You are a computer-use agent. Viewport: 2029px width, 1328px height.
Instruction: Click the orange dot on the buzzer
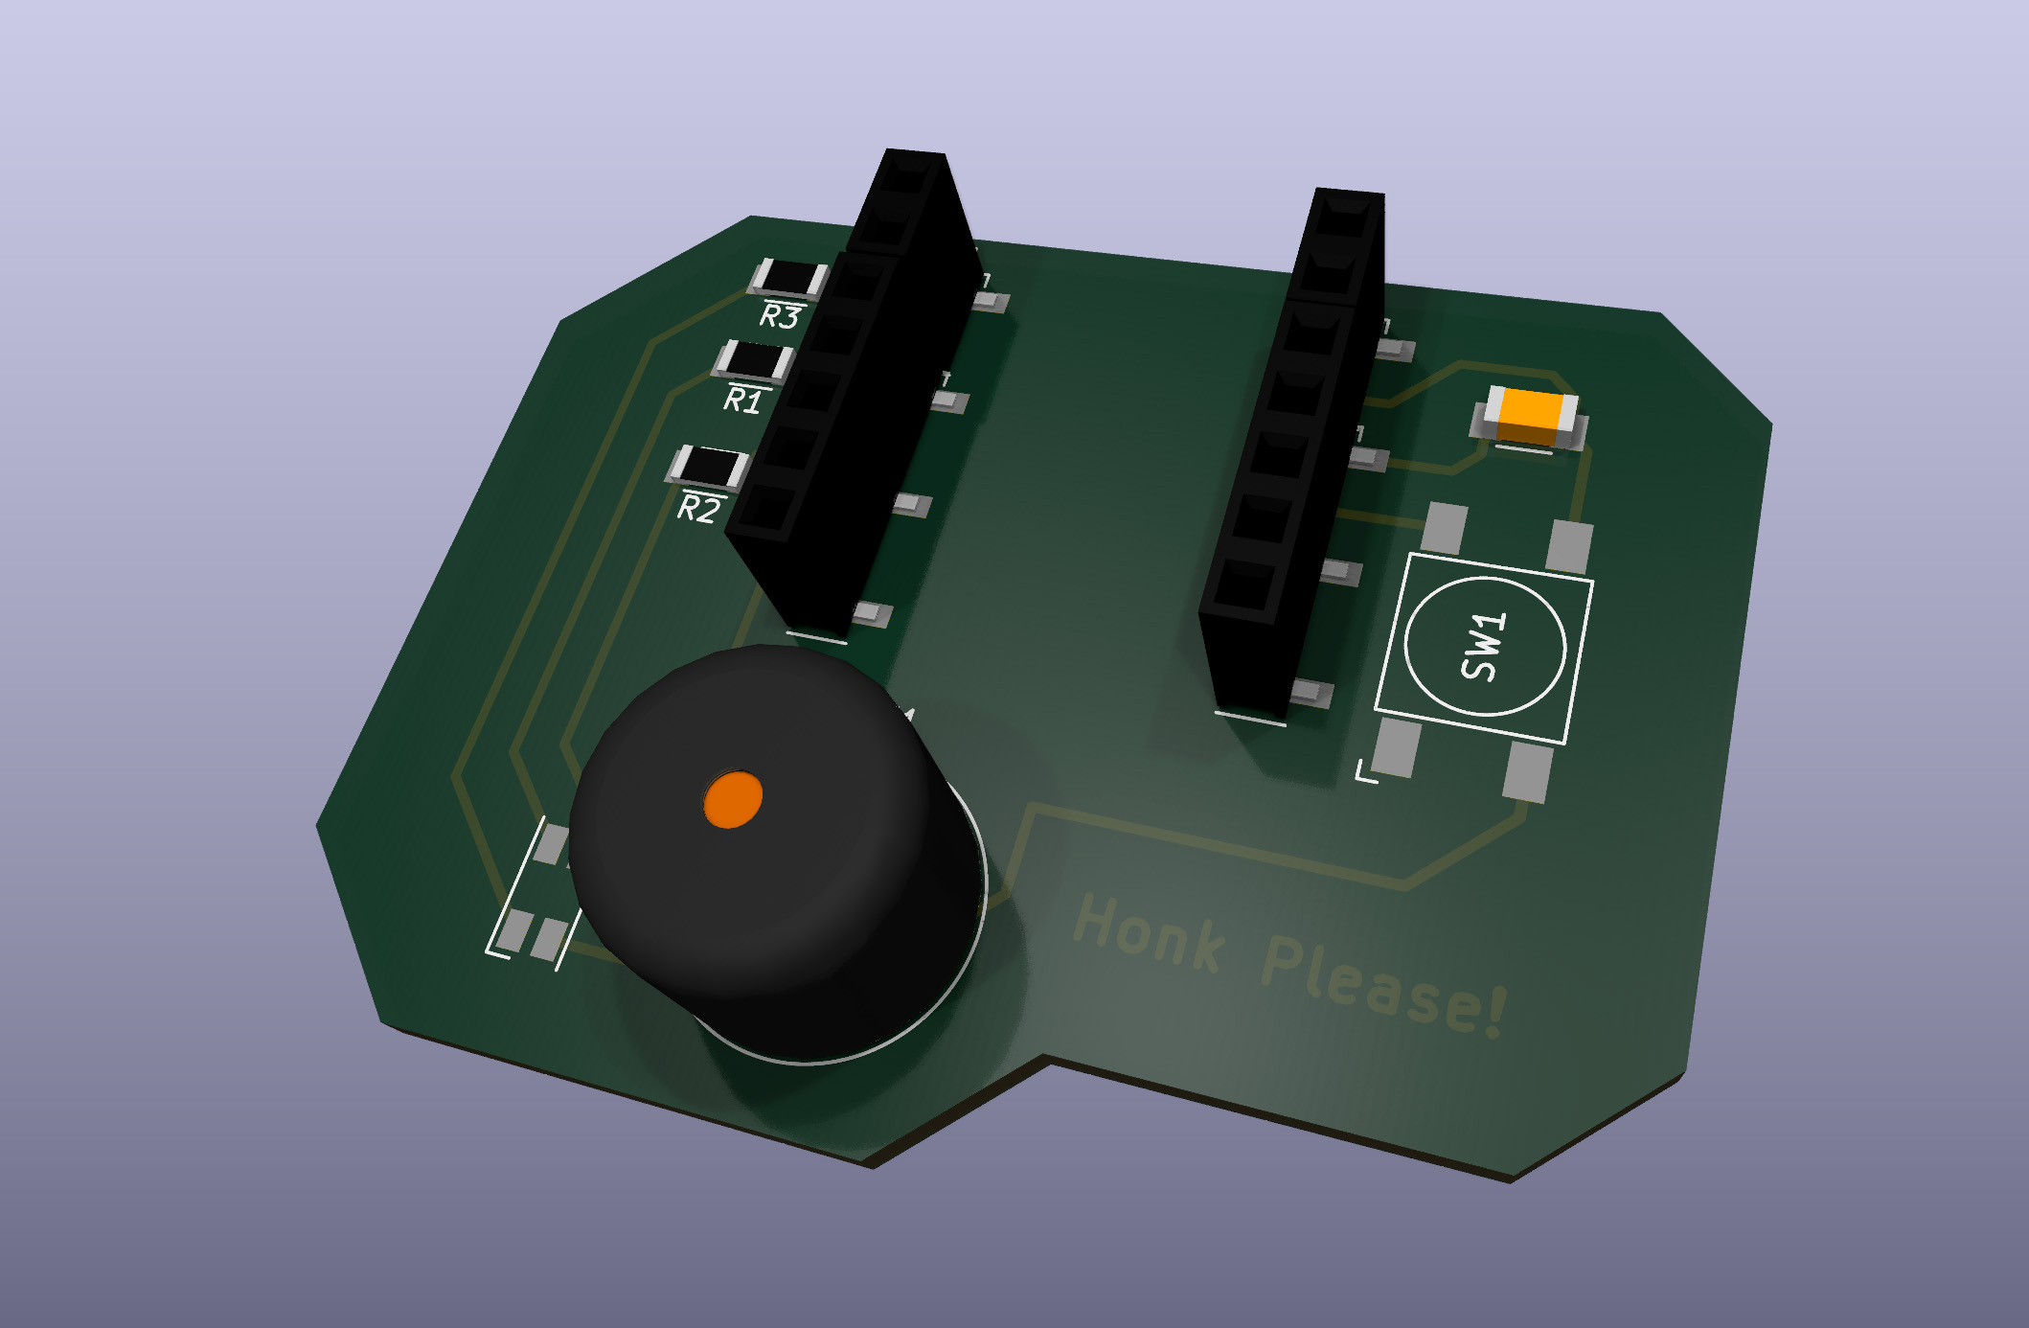[x=733, y=798]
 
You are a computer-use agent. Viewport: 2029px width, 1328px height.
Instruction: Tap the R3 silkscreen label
[x=781, y=316]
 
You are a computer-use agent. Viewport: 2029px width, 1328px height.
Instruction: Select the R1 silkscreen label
[x=744, y=400]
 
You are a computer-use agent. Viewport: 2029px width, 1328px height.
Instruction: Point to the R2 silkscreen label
[x=698, y=509]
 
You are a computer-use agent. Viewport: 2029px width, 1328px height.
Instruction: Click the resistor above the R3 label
[x=788, y=279]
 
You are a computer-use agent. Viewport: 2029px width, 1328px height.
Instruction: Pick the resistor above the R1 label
[x=754, y=361]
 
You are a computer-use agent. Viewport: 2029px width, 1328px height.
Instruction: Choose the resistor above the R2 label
[x=708, y=468]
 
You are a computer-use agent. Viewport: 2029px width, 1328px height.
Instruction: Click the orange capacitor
[x=1530, y=418]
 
